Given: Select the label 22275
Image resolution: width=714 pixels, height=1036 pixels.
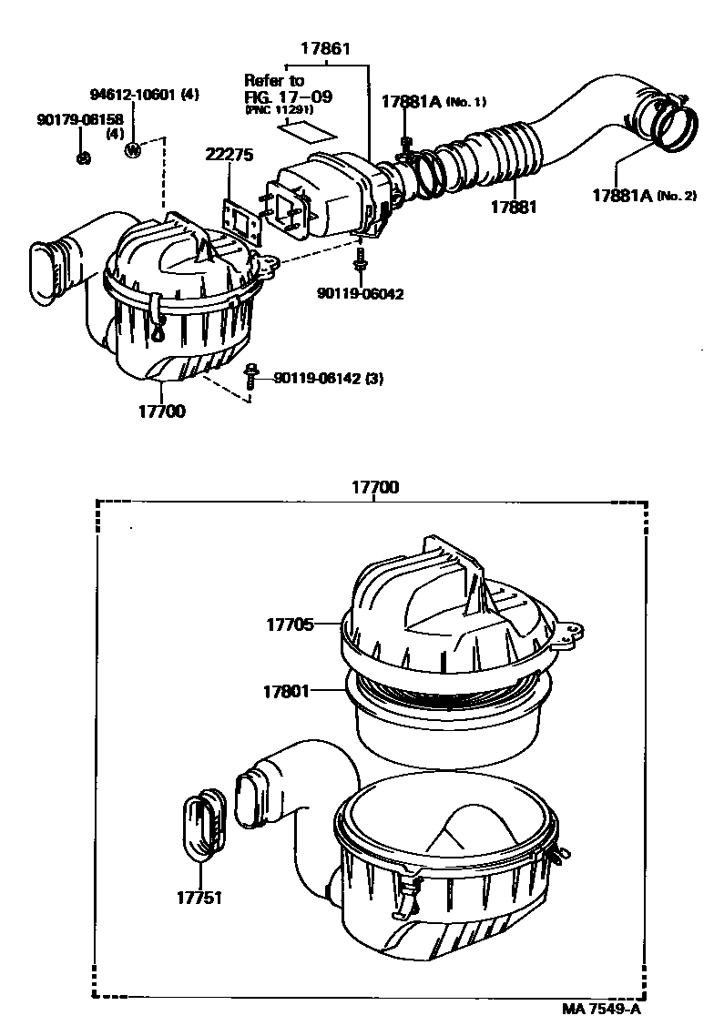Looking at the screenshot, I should (228, 155).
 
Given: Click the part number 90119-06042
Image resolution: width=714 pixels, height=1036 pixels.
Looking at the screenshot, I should (361, 294).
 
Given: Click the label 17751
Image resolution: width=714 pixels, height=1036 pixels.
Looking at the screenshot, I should (199, 898).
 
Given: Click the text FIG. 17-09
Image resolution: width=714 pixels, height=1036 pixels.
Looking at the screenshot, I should (288, 96).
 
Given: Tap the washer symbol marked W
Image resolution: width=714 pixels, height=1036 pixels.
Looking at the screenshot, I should (133, 150).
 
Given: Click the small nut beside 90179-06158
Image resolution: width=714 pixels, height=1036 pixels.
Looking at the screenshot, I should (83, 157).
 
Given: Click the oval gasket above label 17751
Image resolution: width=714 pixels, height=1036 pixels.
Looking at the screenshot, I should (203, 823).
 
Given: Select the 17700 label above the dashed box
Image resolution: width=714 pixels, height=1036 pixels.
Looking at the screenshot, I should (375, 488).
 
